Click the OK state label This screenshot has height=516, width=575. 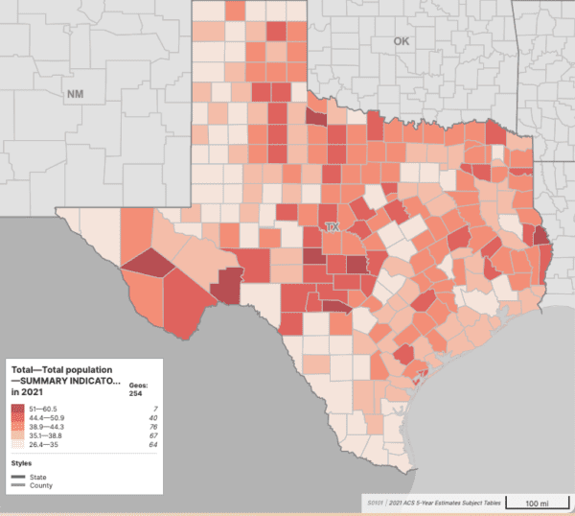401,41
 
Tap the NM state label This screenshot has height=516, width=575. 75,94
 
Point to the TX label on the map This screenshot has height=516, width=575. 333,227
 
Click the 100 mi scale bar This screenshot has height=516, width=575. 537,503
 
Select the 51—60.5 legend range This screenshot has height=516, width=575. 45,408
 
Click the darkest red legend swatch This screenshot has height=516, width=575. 17,409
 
